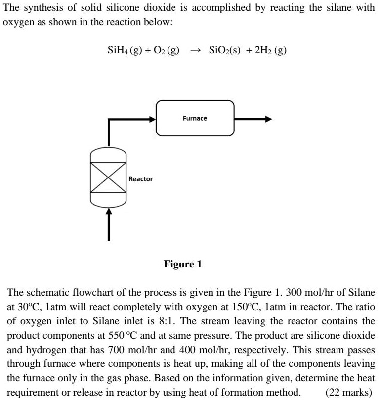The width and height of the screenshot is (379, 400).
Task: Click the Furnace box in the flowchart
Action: click(x=195, y=119)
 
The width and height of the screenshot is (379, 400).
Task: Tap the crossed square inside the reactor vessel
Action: click(x=109, y=178)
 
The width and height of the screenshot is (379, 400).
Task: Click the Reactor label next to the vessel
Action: click(x=140, y=178)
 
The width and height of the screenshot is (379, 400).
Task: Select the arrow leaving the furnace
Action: click(x=253, y=119)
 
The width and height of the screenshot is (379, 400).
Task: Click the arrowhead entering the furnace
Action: click(x=152, y=119)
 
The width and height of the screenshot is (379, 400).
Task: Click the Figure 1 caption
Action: click(x=182, y=264)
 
